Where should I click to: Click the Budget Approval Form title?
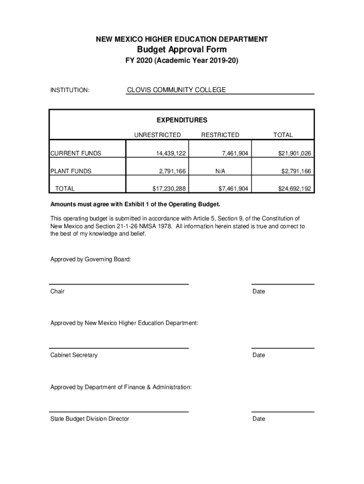tap(182, 50)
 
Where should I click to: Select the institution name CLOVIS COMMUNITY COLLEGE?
tap(176, 90)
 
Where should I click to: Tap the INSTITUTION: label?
tap(70, 90)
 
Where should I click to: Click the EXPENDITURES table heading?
tap(182, 120)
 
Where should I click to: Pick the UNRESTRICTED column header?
tap(157, 135)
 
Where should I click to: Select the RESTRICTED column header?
tap(220, 135)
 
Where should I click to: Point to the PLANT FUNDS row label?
tap(71, 171)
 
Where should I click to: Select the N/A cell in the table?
tap(220, 171)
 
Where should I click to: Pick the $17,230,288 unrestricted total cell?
tap(169, 189)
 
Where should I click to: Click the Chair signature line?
tap(119, 284)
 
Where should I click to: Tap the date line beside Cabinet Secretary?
tap(283, 348)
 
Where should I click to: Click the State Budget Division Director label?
tap(90, 419)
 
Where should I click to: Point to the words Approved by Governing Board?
tap(91, 259)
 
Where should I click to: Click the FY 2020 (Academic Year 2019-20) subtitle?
tap(182, 61)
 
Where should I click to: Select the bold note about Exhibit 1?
tap(135, 205)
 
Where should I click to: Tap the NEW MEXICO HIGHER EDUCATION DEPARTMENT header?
tap(182, 39)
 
